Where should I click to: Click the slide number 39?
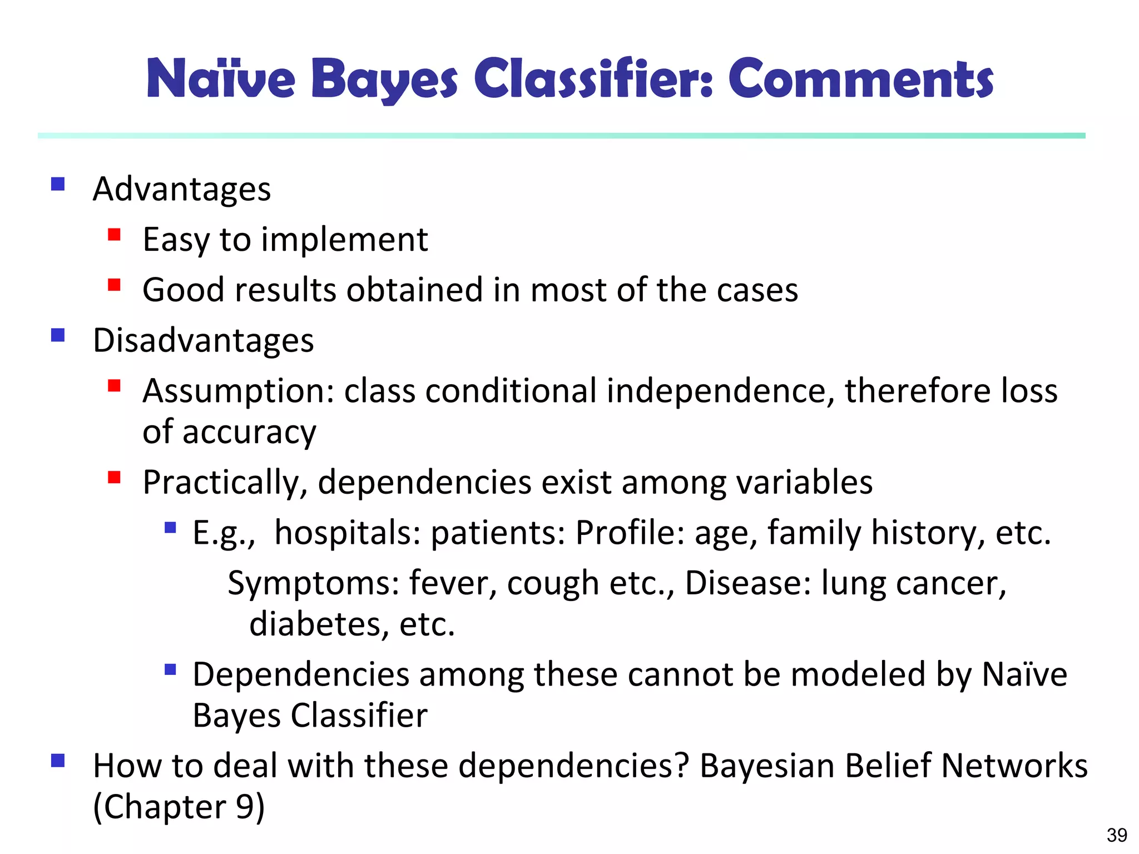[1117, 835]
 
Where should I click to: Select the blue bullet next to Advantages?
[58, 184]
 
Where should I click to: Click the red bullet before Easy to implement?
[115, 234]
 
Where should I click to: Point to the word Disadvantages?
[203, 340]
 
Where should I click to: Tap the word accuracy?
[249, 432]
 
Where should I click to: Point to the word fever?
[453, 583]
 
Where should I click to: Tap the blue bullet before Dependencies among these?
[170, 669]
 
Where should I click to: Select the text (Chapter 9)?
[179, 807]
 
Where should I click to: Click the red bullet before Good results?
[115, 285]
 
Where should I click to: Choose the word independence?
[720, 391]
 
